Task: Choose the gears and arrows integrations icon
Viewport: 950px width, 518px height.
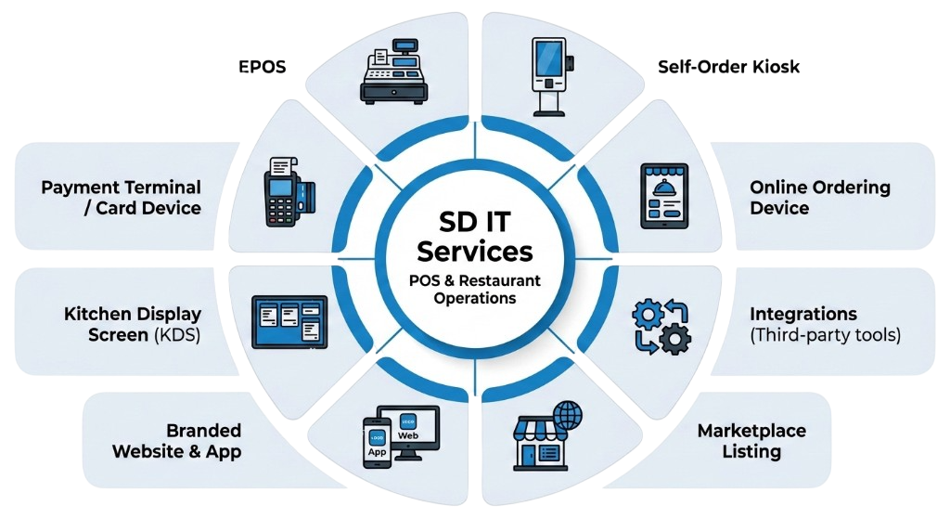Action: [x=660, y=327]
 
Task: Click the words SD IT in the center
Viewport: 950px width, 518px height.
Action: [x=474, y=223]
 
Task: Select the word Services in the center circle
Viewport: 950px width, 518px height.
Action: [x=474, y=252]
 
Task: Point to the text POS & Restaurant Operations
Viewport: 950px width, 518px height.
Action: [x=474, y=290]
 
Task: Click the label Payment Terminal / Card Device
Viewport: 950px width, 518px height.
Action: [x=122, y=198]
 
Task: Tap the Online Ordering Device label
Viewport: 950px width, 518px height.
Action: [x=819, y=198]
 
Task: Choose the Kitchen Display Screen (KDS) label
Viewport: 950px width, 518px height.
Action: [x=132, y=324]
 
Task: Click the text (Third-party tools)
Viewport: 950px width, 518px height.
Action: [x=825, y=335]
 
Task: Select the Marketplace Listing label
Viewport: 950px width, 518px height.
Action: [x=751, y=441]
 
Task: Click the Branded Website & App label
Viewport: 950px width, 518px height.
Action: [x=177, y=441]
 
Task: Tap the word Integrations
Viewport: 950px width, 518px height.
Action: [x=803, y=314]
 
